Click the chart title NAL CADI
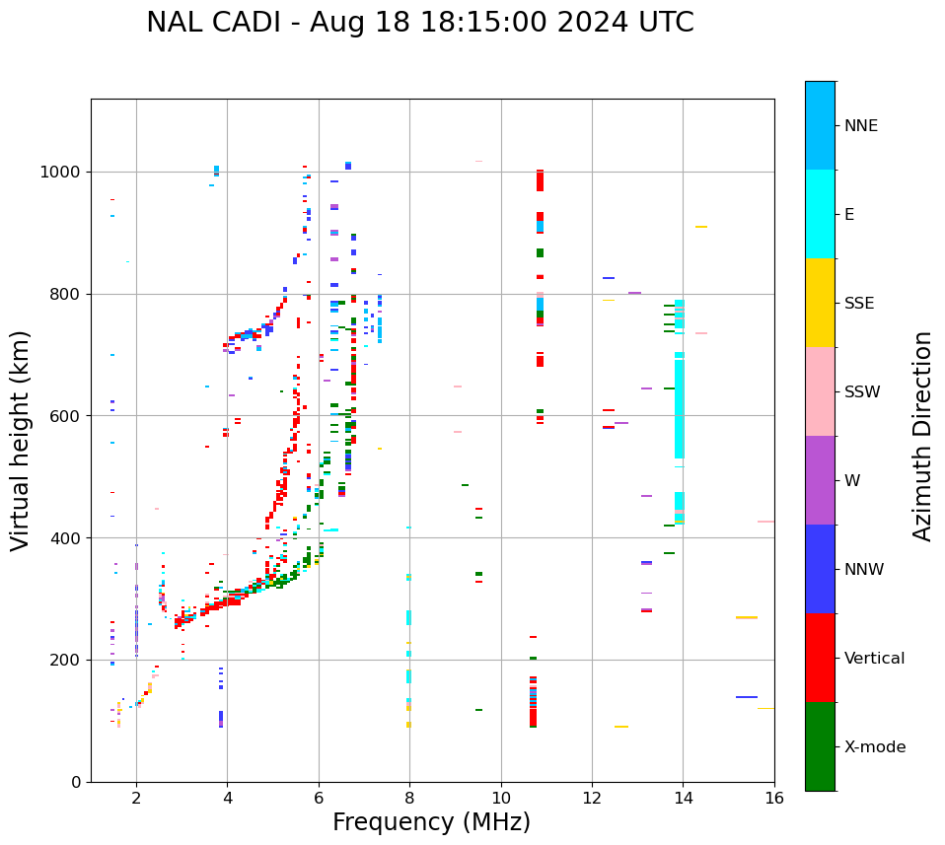click(419, 23)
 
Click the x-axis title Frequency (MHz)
click(431, 822)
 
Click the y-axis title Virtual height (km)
click(21, 441)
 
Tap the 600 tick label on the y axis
click(68, 416)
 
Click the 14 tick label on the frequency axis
click(683, 798)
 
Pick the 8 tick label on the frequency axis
click(409, 798)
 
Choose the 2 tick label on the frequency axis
click(136, 798)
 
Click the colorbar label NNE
click(860, 126)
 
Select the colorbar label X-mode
click(874, 747)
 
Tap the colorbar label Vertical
click(874, 659)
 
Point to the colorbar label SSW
click(861, 392)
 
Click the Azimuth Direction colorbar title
click(922, 436)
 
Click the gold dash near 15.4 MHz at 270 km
click(746, 617)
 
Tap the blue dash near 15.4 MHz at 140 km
click(746, 697)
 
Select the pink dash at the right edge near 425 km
click(765, 522)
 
